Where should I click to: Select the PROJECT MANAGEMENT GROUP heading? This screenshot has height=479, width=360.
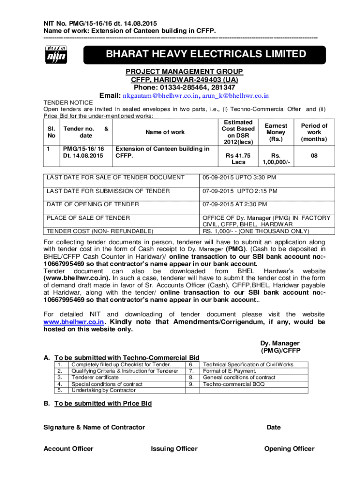pyautogui.click(x=184, y=71)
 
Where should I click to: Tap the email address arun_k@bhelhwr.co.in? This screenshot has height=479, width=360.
pyautogui.click(x=236, y=96)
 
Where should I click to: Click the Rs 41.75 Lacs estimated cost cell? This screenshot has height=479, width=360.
pyautogui.click(x=238, y=159)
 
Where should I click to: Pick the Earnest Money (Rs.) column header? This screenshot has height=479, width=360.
pyautogui.click(x=275, y=132)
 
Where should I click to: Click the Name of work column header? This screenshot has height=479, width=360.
pyautogui.click(x=165, y=132)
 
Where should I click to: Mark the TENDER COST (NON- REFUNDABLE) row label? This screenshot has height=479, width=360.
pyautogui.click(x=100, y=231)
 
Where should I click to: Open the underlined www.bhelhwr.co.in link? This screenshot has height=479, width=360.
pyautogui.click(x=74, y=322)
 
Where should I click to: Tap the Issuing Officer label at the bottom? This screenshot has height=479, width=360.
pyautogui.click(x=174, y=449)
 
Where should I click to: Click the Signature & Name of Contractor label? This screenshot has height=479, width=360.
pyautogui.click(x=94, y=428)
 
